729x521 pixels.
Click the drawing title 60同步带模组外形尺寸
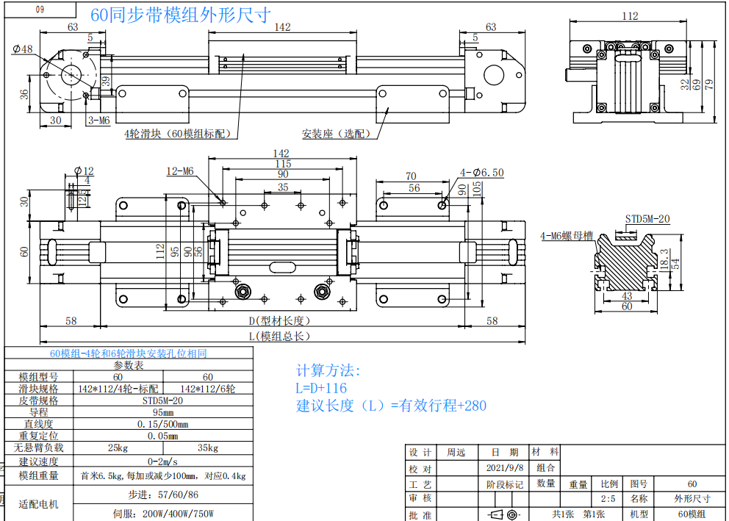click(x=180, y=15)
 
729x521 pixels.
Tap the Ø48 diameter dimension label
click(x=23, y=49)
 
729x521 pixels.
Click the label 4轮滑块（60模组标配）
click(x=177, y=134)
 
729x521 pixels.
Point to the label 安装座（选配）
click(x=337, y=134)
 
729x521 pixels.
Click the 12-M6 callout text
click(x=180, y=171)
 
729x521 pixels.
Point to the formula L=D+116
click(x=321, y=387)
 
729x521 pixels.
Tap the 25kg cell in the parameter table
click(x=118, y=448)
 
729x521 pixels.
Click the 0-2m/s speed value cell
click(x=162, y=461)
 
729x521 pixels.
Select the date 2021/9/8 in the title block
click(x=505, y=468)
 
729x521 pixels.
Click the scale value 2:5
click(x=608, y=499)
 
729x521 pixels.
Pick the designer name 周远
click(x=456, y=452)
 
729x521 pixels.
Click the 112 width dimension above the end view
click(x=630, y=16)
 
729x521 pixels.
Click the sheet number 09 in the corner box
click(x=40, y=10)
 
